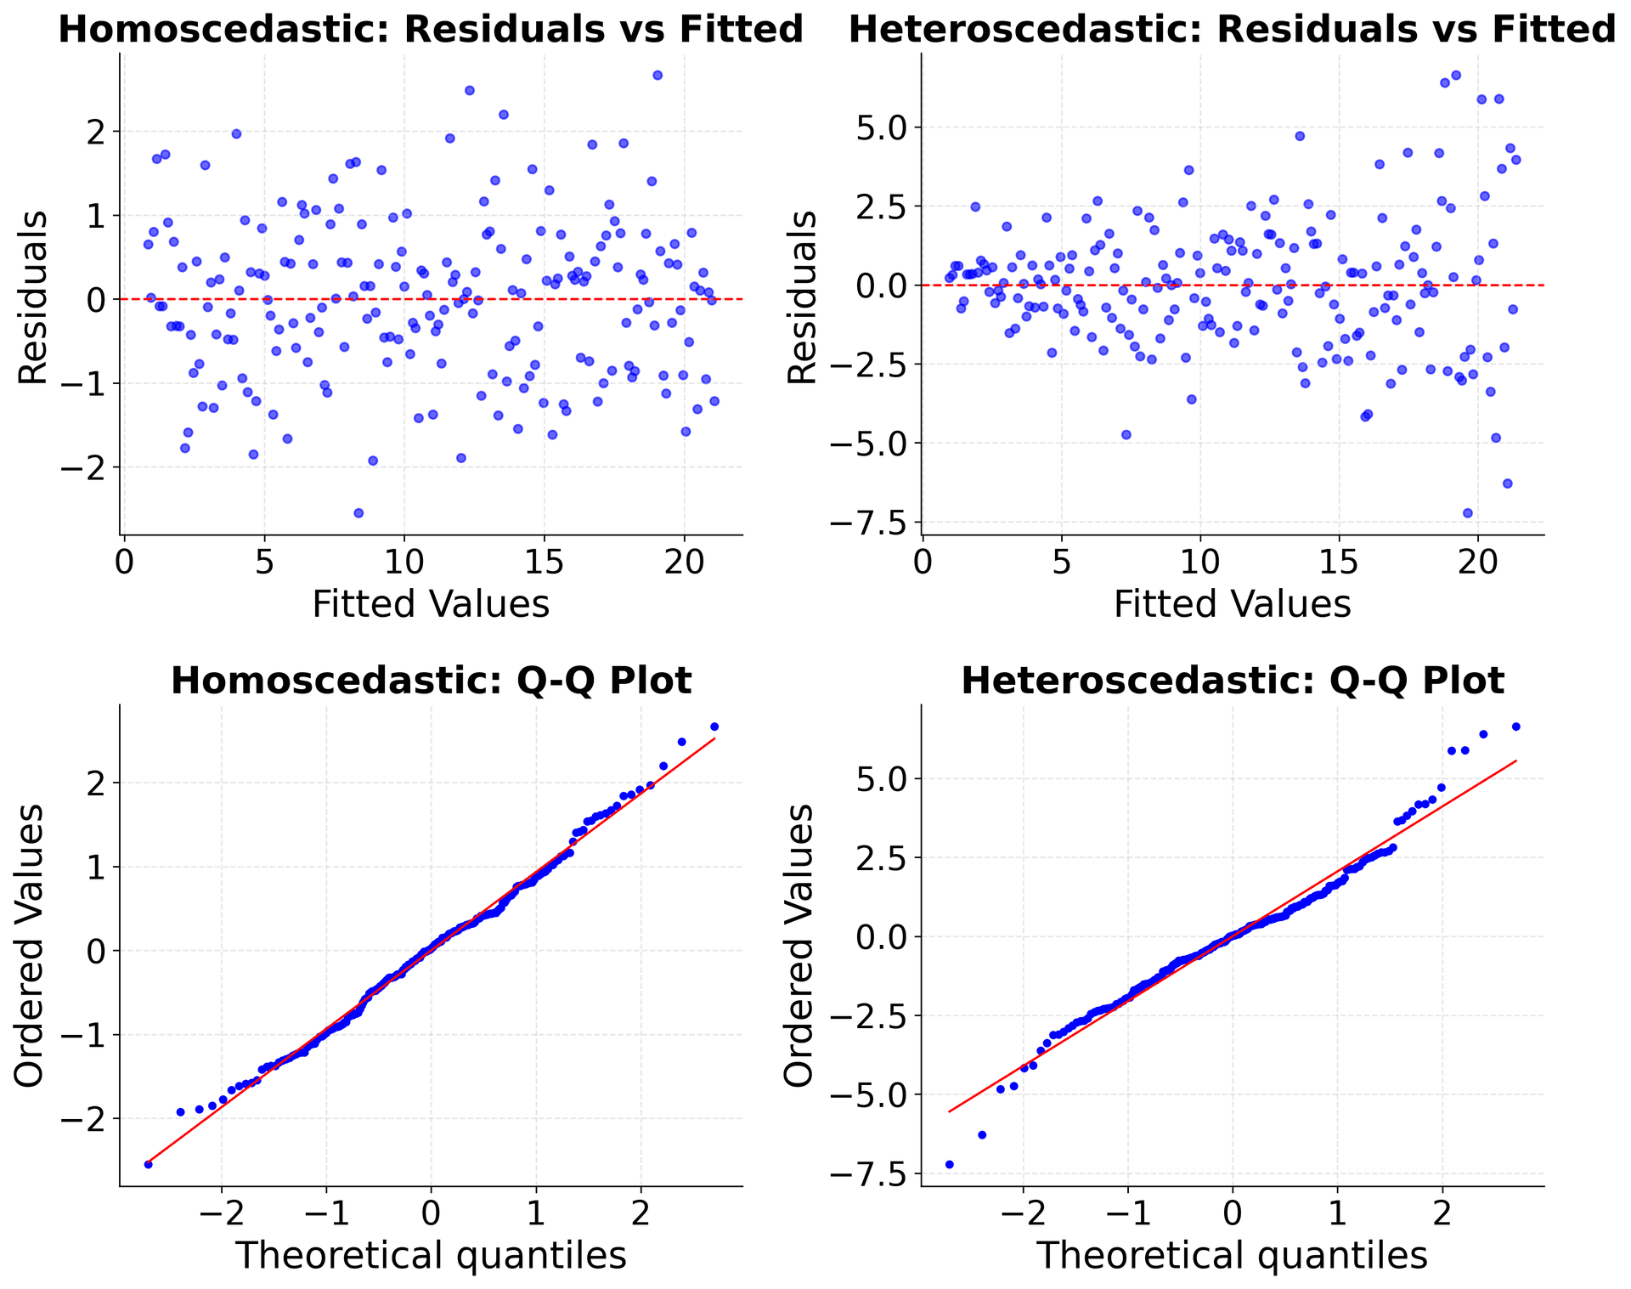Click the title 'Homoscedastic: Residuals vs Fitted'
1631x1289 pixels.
tap(431, 30)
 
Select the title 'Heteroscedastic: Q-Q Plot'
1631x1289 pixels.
tap(1233, 681)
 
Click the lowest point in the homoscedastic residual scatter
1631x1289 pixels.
tap(358, 512)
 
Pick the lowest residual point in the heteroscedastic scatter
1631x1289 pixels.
tap(1467, 512)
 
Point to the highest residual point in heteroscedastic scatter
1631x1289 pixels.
tap(1455, 75)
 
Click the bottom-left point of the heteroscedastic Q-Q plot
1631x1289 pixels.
tap(950, 1164)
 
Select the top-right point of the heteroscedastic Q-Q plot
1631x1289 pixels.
tap(1515, 726)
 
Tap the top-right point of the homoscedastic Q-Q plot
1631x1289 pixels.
tap(714, 726)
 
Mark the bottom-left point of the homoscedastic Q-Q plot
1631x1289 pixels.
tap(149, 1164)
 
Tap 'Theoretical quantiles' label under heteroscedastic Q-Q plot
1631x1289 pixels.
tap(1233, 1256)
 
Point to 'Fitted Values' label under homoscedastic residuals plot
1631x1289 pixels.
tap(431, 605)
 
